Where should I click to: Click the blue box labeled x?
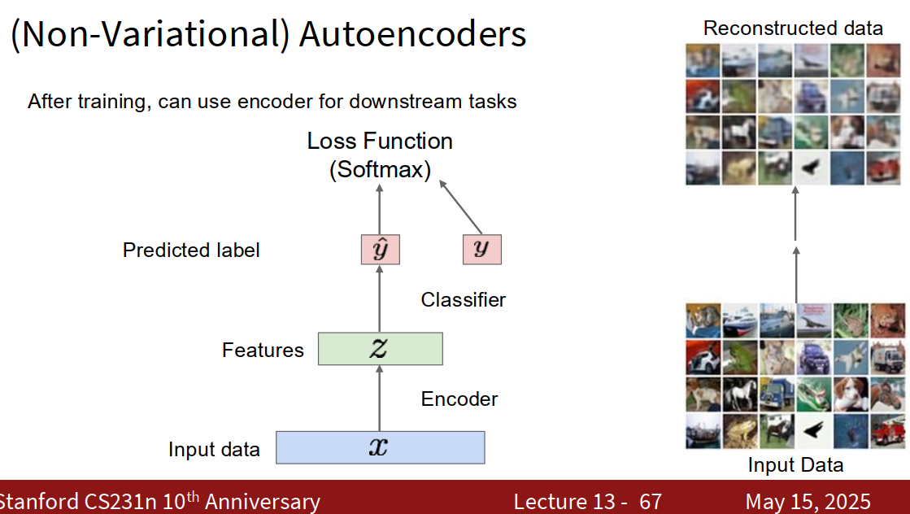(380, 447)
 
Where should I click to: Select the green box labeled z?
(380, 349)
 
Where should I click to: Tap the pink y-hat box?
(380, 250)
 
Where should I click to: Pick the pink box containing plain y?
(481, 250)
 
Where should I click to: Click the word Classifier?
(463, 300)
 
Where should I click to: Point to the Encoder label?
(459, 399)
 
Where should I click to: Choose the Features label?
(263, 350)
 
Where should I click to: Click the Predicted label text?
(191, 250)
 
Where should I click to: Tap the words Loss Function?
(380, 141)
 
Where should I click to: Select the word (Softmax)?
(380, 169)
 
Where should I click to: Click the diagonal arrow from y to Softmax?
(460, 207)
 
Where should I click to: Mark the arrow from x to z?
(380, 398)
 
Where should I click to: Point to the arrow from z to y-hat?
(380, 298)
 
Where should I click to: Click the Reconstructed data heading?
(793, 28)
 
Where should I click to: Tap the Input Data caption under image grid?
(795, 464)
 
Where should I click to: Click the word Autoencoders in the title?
(412, 33)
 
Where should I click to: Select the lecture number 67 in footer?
(651, 501)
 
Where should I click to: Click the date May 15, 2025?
(808, 501)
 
